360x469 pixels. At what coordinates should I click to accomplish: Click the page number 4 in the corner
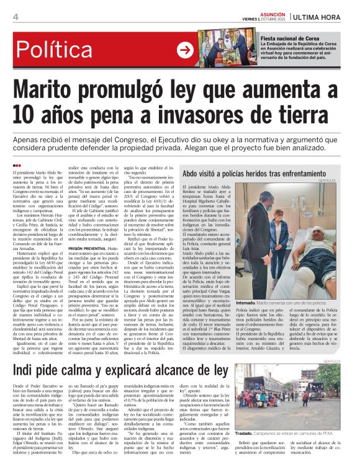pos(15,16)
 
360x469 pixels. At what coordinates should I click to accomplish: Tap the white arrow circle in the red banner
pos(185,50)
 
